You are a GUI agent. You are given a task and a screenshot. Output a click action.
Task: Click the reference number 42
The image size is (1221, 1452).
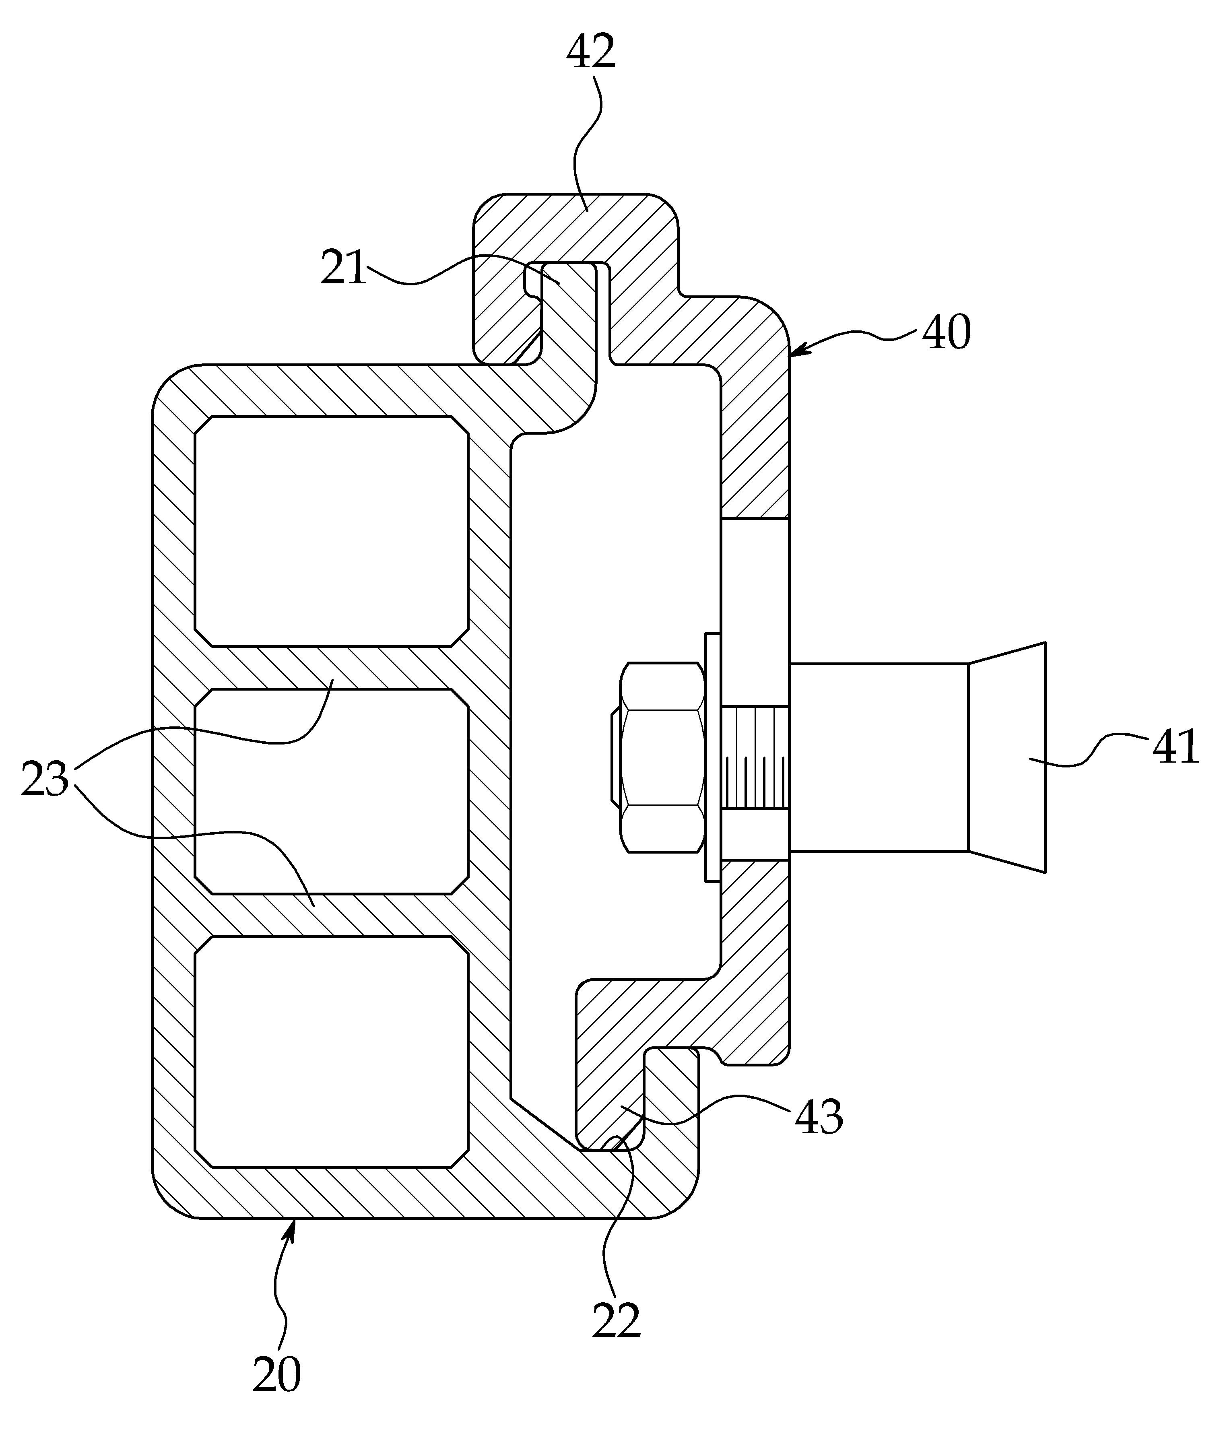tap(591, 52)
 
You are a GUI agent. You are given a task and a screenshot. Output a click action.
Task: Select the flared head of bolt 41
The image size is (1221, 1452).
tap(1007, 757)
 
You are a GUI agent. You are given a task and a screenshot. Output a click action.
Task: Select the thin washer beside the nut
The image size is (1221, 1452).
tap(712, 757)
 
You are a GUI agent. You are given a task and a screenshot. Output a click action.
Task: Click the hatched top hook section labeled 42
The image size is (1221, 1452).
tap(575, 229)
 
